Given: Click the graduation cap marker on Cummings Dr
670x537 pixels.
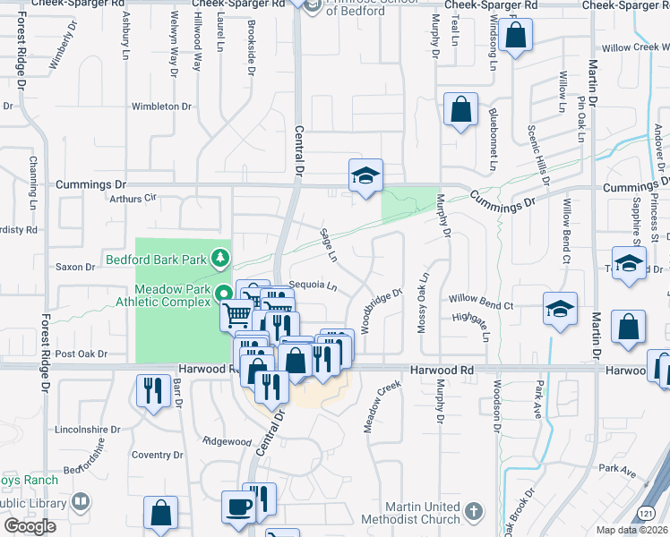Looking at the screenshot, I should [x=365, y=175].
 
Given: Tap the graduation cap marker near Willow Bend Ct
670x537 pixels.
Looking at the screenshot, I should [x=560, y=310].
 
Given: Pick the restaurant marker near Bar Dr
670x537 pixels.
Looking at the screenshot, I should [x=152, y=391].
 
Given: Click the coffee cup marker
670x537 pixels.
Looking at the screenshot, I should [x=238, y=506].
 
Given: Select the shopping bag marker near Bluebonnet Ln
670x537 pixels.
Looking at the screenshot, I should [x=460, y=110].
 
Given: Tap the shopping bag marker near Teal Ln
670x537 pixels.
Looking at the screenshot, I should [x=516, y=37].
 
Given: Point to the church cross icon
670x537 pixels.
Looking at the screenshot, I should [x=473, y=513].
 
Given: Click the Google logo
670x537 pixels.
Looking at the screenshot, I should [x=30, y=526].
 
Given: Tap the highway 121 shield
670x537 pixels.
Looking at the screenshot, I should [x=645, y=513].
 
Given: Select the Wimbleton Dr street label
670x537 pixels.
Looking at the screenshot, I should [x=162, y=106].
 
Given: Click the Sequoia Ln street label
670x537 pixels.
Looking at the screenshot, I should [x=312, y=287].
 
